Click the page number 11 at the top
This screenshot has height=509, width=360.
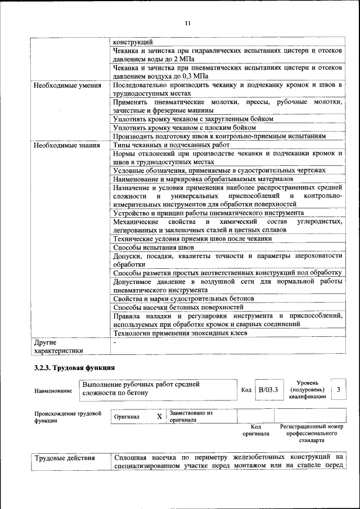point(187,23)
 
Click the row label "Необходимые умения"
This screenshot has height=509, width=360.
point(67,85)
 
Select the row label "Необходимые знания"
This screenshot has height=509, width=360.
point(66,145)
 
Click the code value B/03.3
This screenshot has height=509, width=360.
point(268,389)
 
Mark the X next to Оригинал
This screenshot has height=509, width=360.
point(159,417)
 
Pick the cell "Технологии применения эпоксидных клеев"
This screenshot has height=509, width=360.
point(180,333)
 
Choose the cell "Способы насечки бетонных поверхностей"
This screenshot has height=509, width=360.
point(178,307)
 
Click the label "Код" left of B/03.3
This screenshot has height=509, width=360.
point(246,389)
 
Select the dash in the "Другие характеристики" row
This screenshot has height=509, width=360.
point(115,342)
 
